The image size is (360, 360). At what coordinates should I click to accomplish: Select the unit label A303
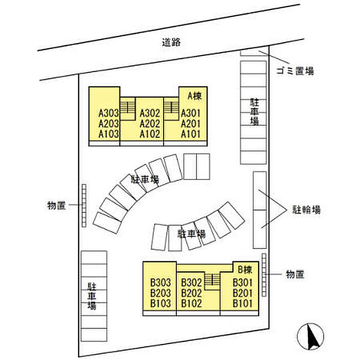(109, 113)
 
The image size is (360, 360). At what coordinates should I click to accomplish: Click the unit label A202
(150, 124)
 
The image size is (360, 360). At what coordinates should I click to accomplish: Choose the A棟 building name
(195, 96)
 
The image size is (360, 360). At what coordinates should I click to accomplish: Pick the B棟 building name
(244, 268)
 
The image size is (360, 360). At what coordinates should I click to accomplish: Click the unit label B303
(160, 282)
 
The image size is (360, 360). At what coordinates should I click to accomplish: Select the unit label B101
(243, 303)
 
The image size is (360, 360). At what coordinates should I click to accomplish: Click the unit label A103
(109, 134)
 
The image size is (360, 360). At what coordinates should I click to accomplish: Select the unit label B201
(243, 293)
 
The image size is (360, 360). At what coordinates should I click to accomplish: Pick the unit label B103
(160, 303)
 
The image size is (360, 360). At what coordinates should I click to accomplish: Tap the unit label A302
(150, 113)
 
